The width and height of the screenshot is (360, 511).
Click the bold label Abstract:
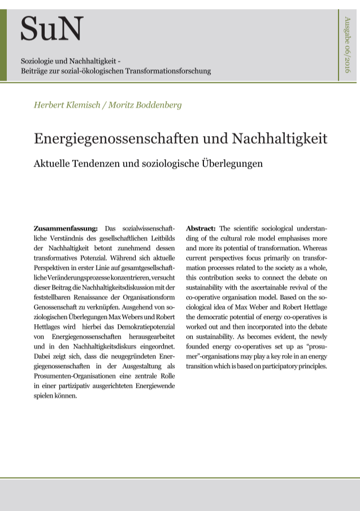coord(201,228)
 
